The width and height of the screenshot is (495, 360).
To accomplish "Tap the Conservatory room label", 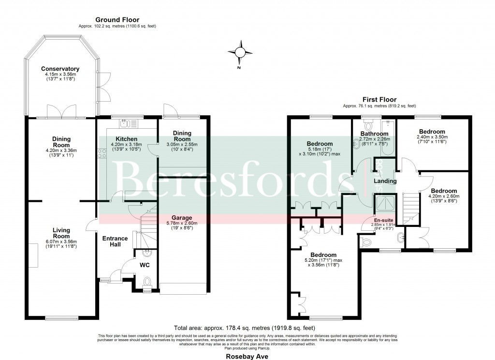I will click(60, 69).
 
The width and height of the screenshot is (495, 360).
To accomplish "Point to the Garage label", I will click(182, 218).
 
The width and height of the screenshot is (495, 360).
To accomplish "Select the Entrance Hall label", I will click(115, 241).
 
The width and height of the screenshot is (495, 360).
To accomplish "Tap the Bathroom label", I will click(374, 134).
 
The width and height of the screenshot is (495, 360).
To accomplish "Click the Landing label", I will click(385, 181).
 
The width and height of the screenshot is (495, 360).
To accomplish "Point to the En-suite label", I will click(383, 219).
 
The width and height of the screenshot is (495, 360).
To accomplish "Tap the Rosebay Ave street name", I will click(247, 355).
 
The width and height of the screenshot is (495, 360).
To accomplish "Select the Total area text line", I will click(247, 328).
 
